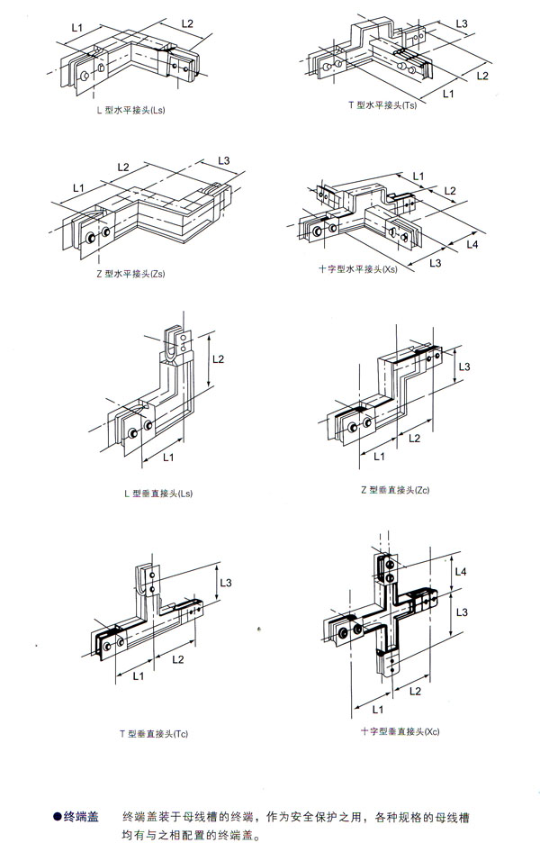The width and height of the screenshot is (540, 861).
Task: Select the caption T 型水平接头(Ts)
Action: pyautogui.click(x=382, y=106)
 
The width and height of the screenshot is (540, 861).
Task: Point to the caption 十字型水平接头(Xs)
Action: pyautogui.click(x=358, y=269)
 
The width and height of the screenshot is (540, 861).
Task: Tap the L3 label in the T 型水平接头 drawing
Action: pyautogui.click(x=462, y=23)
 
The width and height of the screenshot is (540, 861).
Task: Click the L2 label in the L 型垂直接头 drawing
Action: pyautogui.click(x=219, y=358)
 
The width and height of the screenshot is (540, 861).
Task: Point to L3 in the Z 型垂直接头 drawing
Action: pyautogui.click(x=464, y=367)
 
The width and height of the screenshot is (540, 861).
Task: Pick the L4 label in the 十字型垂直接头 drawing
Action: pyautogui.click(x=461, y=572)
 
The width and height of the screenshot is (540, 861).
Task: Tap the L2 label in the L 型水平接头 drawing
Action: pyautogui.click(x=187, y=23)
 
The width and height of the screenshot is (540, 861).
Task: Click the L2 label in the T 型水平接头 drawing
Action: pyautogui.click(x=482, y=75)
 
